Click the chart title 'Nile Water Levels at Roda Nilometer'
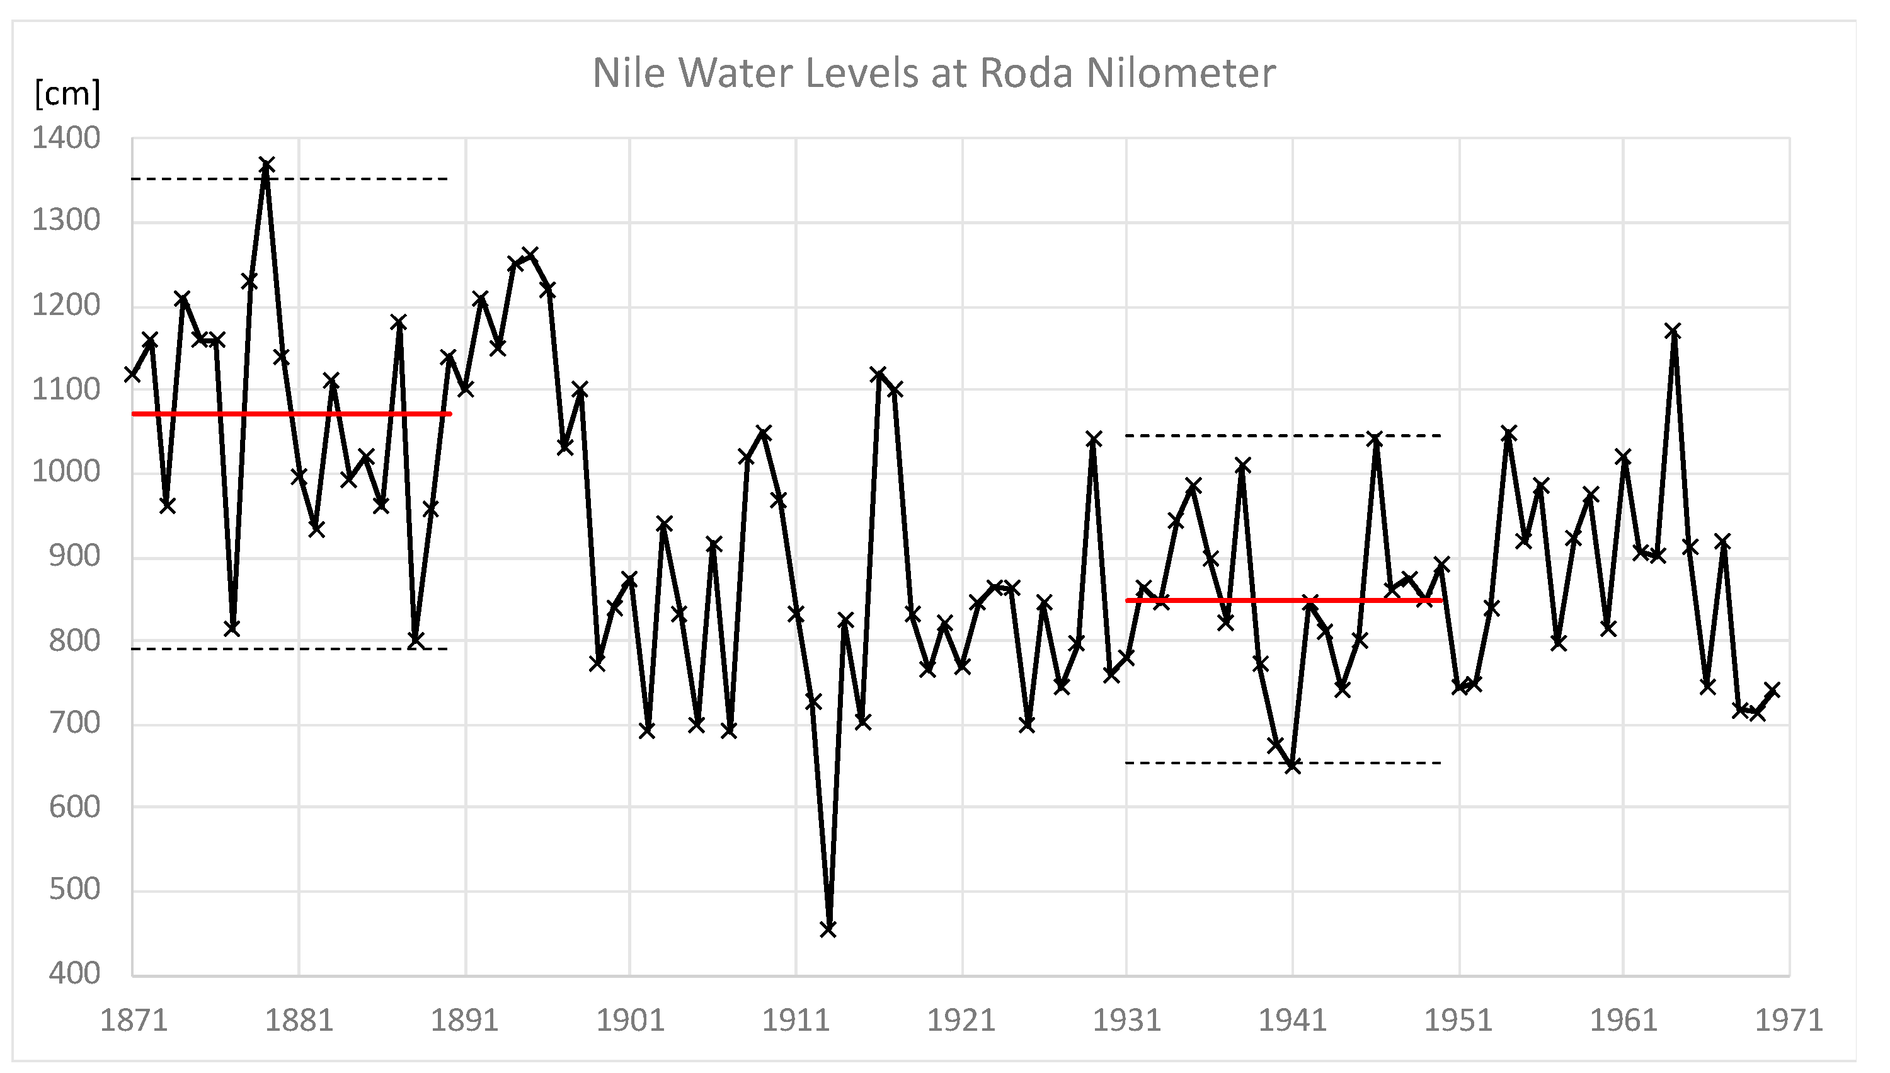click(x=934, y=73)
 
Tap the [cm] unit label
click(x=67, y=95)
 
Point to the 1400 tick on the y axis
click(x=66, y=139)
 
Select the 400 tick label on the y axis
click(x=74, y=973)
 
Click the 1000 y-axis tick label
click(x=66, y=472)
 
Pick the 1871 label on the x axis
click(x=134, y=1021)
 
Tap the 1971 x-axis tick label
click(x=1789, y=1021)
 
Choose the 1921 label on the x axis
click(x=961, y=1021)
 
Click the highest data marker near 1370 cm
click(x=266, y=164)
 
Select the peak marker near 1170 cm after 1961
click(x=1673, y=330)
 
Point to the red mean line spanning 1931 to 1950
click(x=1282, y=600)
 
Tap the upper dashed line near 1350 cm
click(x=353, y=179)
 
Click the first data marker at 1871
click(x=133, y=374)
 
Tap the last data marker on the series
click(x=1773, y=691)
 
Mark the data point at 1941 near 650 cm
click(x=1291, y=766)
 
